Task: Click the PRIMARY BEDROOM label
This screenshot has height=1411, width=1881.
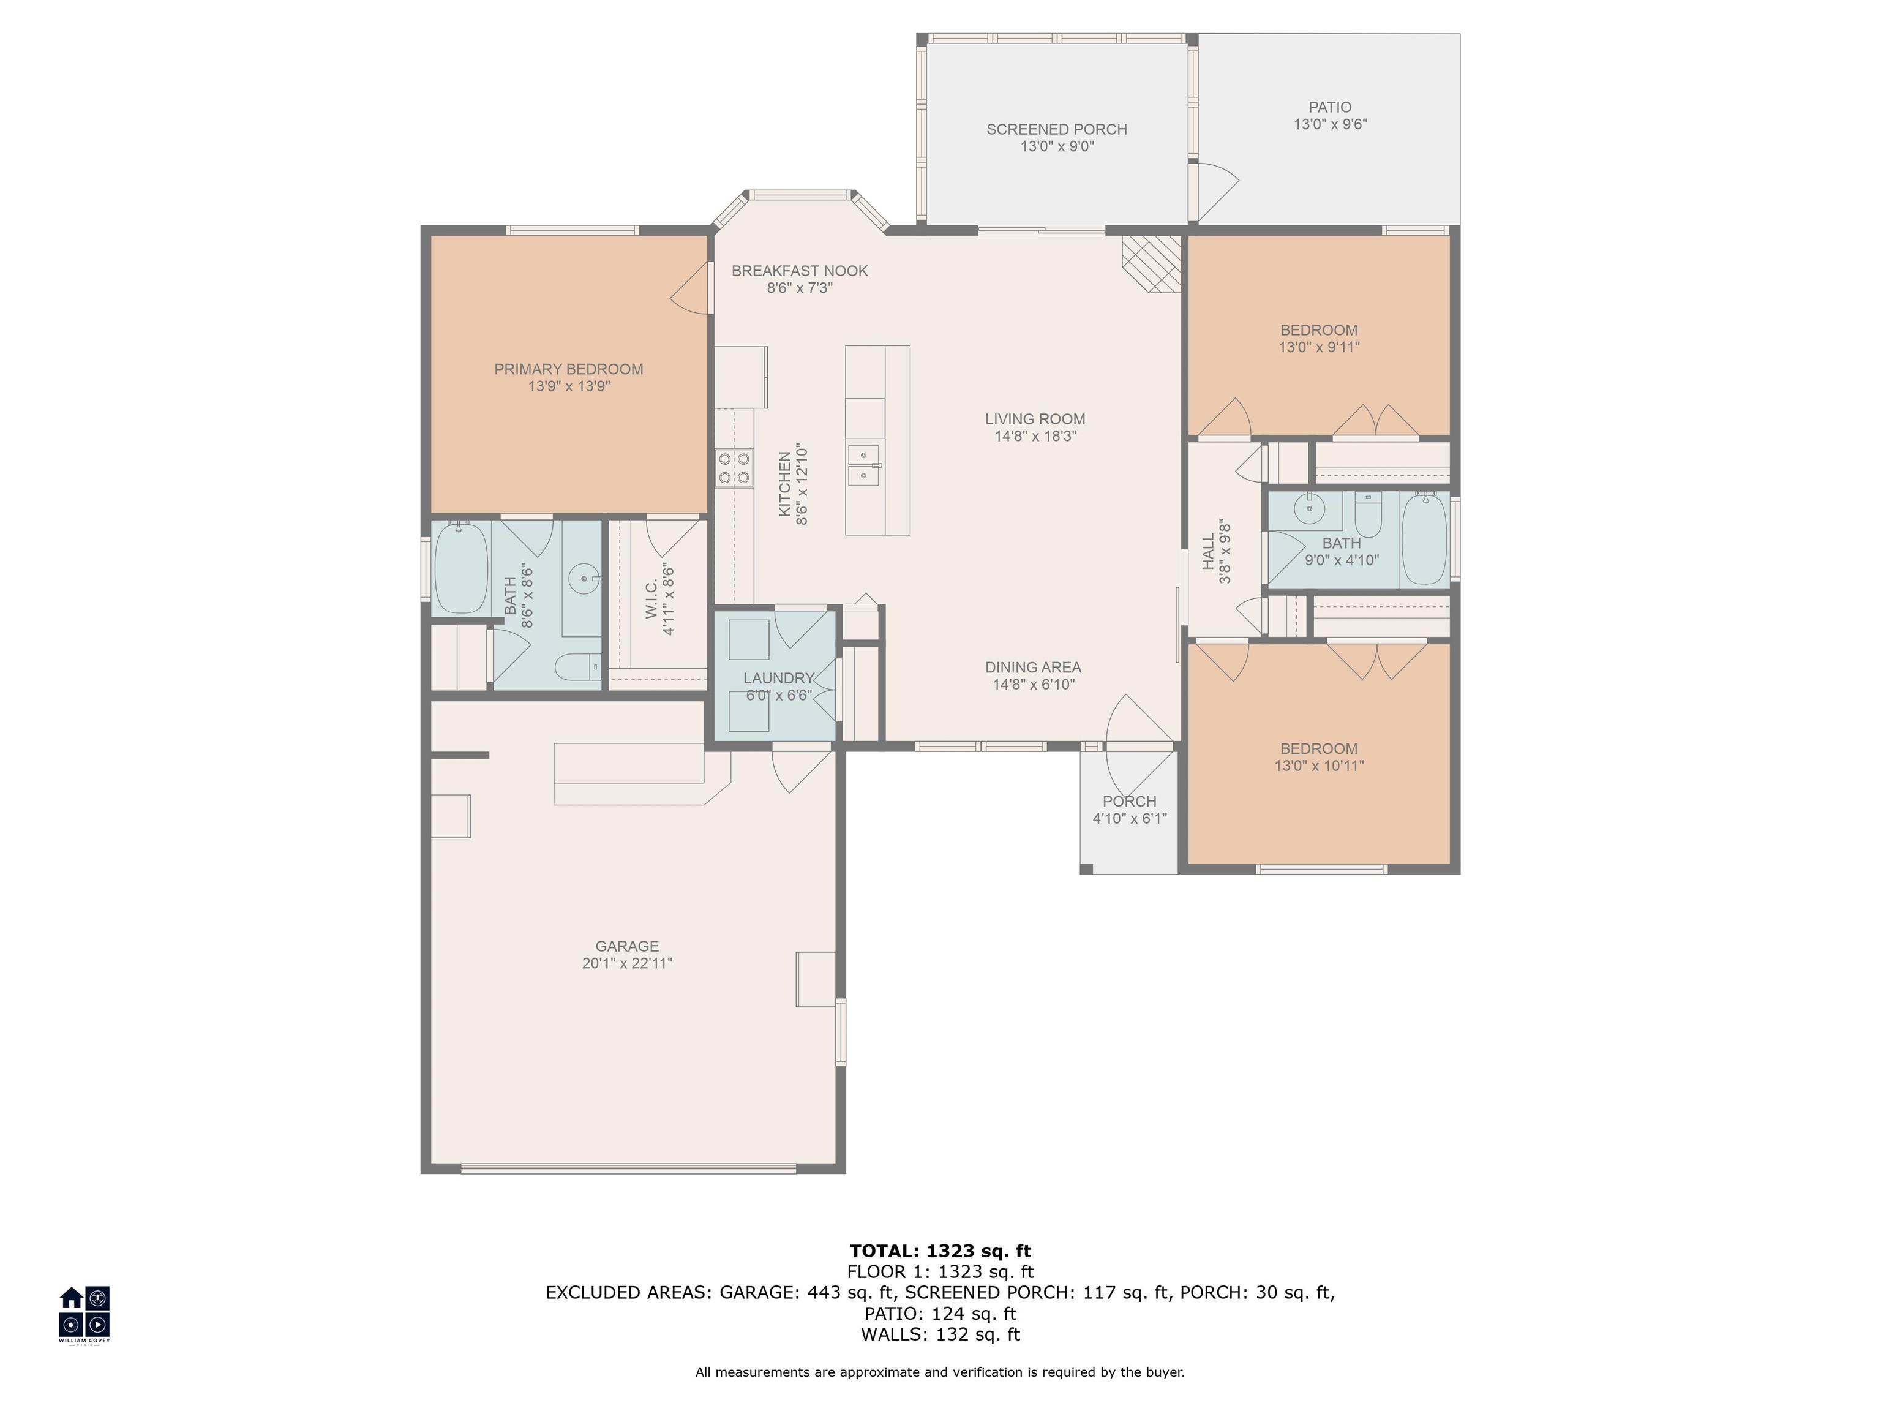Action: (x=568, y=369)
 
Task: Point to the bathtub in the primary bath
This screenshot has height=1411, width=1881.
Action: (x=461, y=566)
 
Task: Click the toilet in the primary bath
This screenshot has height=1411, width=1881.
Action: (x=578, y=667)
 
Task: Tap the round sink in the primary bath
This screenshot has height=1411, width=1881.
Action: (x=584, y=579)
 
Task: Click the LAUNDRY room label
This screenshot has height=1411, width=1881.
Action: (x=778, y=678)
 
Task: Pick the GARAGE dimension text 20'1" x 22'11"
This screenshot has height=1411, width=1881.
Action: (x=627, y=963)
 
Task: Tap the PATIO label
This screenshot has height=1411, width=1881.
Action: (x=1329, y=107)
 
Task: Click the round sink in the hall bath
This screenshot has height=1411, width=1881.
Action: (x=1308, y=510)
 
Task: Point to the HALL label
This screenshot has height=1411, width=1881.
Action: (x=1208, y=553)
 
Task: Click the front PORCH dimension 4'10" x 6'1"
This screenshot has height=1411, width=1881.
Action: (x=1129, y=818)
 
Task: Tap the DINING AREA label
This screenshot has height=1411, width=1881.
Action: (x=1033, y=668)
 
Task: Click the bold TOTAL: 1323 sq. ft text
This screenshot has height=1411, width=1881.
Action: (x=940, y=1251)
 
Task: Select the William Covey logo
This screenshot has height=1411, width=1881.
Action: (x=84, y=1312)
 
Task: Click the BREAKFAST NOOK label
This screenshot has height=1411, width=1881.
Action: (x=799, y=271)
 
